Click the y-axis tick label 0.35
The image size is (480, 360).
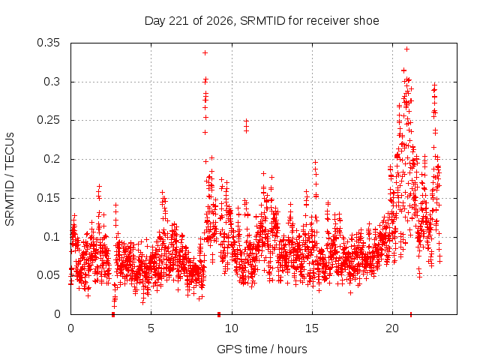(x=48, y=43)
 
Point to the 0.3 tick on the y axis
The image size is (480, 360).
(x=52, y=82)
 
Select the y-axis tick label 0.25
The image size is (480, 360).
(x=48, y=120)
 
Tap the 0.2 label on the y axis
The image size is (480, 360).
(x=52, y=159)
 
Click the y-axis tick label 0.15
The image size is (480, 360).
(x=48, y=198)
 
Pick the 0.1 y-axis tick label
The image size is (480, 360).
(x=52, y=237)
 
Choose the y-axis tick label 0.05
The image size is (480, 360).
(x=48, y=275)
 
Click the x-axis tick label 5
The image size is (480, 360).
(x=151, y=328)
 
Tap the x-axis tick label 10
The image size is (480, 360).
(x=232, y=328)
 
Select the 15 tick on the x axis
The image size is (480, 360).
(x=312, y=328)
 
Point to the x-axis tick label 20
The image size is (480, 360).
(x=392, y=328)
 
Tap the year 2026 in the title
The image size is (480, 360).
(x=220, y=21)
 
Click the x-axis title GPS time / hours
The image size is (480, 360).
(x=262, y=349)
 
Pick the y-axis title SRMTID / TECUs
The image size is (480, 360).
(x=10, y=179)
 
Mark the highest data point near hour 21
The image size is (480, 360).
(x=406, y=49)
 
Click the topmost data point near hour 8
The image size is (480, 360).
(x=205, y=53)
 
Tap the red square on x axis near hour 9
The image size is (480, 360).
(x=219, y=314)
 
